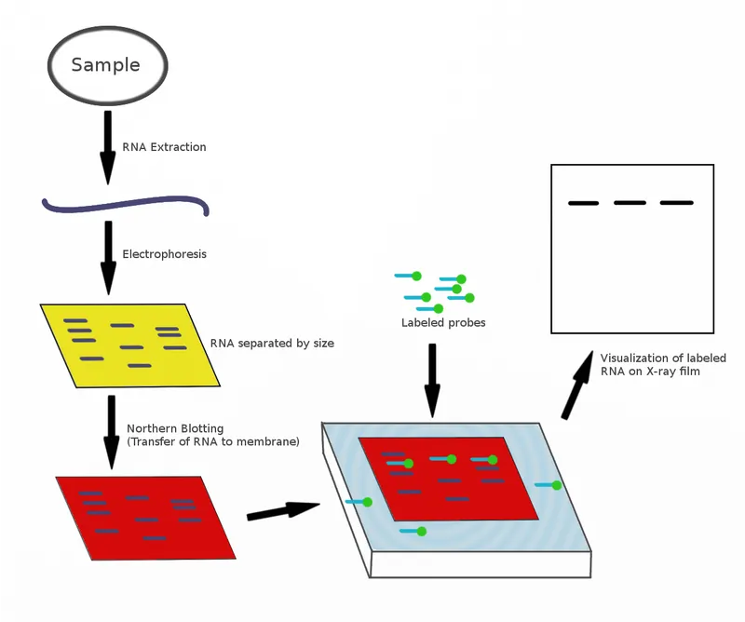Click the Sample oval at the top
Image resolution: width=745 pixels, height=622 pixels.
pos(107,65)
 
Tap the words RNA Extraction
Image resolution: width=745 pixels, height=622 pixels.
pos(164,147)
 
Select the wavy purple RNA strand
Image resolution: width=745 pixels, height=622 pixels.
pos(125,204)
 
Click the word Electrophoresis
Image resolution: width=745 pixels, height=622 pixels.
pos(164,253)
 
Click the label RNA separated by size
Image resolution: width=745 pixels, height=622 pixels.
pos(272,343)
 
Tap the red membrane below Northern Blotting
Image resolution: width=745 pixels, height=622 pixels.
pos(144,518)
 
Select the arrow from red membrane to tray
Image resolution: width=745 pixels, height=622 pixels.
pos(283,509)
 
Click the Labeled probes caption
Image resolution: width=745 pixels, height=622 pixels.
pos(443,323)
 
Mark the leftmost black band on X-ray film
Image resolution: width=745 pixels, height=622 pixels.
pos(583,203)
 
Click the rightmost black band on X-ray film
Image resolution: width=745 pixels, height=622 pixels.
pos(677,202)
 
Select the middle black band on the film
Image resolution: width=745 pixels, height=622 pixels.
pos(630,202)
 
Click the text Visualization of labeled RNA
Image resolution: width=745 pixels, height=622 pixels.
pos(662,364)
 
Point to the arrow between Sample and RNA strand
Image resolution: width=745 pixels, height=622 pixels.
pos(107,147)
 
